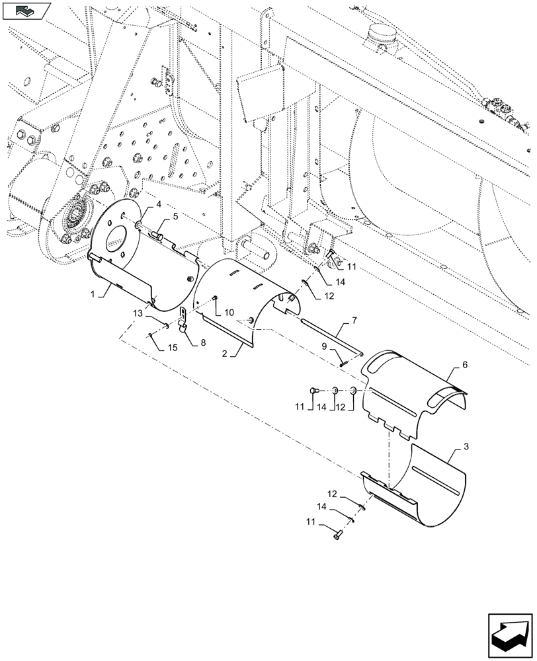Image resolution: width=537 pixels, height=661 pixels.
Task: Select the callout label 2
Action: (225, 354)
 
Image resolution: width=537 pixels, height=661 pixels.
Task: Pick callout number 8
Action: (203, 342)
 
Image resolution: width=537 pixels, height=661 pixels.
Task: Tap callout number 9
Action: (324, 346)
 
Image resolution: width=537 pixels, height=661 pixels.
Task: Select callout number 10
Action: (229, 311)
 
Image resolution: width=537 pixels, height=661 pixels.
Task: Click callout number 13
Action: (137, 312)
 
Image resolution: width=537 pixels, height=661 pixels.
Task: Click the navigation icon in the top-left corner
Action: (26, 11)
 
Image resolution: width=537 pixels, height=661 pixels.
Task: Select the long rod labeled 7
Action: (331, 336)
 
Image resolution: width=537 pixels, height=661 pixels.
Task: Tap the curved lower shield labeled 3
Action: (423, 492)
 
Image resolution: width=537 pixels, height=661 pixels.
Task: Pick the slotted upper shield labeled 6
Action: (413, 390)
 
